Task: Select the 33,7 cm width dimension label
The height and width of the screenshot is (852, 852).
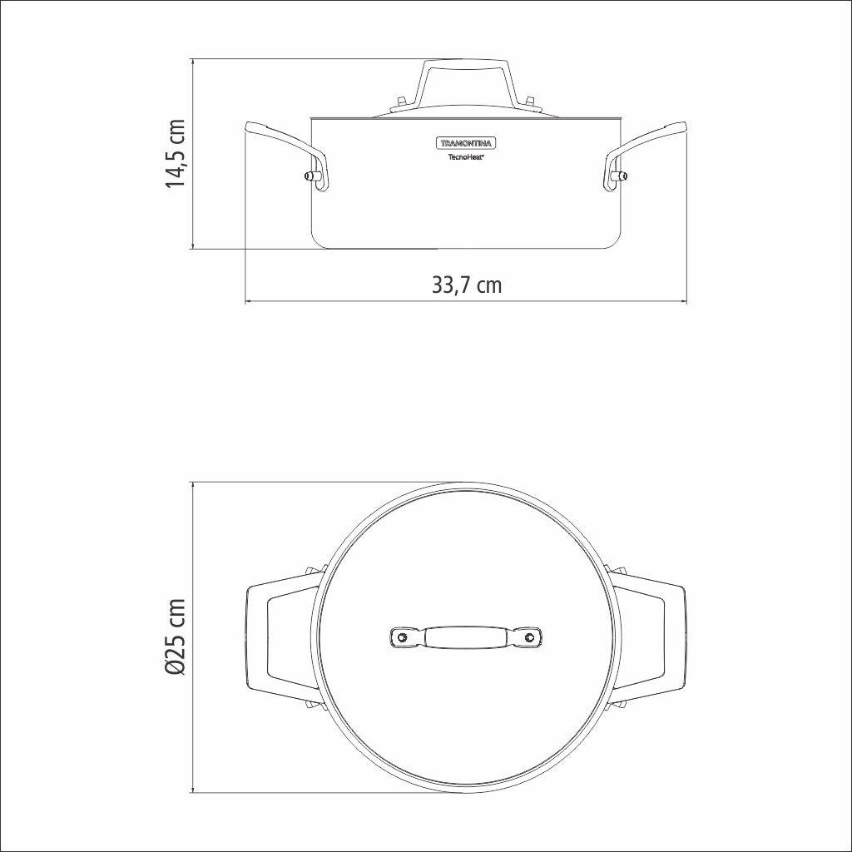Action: (x=466, y=285)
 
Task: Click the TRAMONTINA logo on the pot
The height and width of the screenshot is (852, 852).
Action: (x=466, y=143)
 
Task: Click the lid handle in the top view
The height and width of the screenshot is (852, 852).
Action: (x=466, y=637)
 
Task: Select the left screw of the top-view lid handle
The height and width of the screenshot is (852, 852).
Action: (x=403, y=637)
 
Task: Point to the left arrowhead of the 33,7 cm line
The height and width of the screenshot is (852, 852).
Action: (x=249, y=301)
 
